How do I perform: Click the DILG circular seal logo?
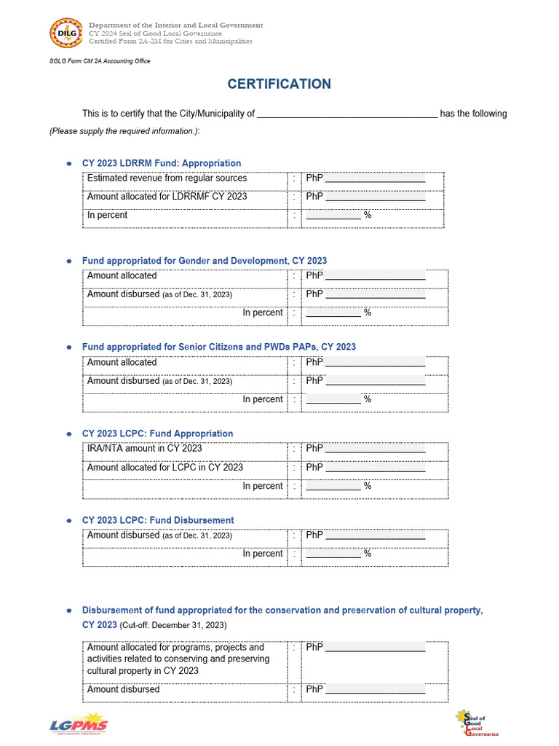click(x=66, y=34)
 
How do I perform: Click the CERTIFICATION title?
click(x=279, y=84)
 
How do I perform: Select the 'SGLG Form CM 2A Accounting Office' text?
click(x=100, y=61)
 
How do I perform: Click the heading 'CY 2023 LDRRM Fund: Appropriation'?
click(x=161, y=163)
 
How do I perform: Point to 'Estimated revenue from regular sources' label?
click(x=167, y=178)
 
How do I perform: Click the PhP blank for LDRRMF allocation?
click(x=375, y=197)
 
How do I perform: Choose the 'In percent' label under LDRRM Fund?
click(x=107, y=216)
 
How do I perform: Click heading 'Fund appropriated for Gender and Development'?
click(x=204, y=261)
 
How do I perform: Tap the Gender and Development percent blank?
click(x=333, y=313)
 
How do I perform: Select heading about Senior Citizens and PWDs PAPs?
click(x=218, y=347)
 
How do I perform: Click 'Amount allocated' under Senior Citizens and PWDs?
click(x=122, y=363)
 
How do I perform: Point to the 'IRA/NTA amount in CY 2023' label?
click(x=144, y=449)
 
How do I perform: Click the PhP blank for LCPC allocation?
click(x=375, y=468)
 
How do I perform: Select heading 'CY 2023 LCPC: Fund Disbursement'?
click(x=157, y=520)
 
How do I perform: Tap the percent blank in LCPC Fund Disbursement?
click(x=333, y=554)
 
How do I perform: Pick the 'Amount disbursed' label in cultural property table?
click(x=123, y=690)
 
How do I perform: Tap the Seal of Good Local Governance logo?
click(x=477, y=723)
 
